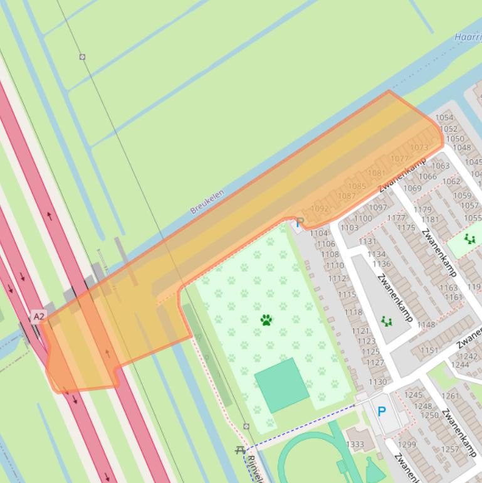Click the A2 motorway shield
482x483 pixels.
pyautogui.click(x=39, y=316)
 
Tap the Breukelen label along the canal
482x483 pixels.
pyautogui.click(x=207, y=202)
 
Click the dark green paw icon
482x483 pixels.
pyautogui.click(x=266, y=320)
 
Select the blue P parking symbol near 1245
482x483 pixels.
pyautogui.click(x=381, y=411)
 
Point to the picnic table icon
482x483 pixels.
pyautogui.click(x=240, y=450)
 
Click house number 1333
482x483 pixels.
pyautogui.click(x=355, y=444)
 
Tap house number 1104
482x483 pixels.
pyautogui.click(x=319, y=233)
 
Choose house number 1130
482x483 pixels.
pyautogui.click(x=378, y=381)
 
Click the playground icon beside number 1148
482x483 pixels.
pyautogui.click(x=387, y=322)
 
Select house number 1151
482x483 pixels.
pyautogui.click(x=429, y=350)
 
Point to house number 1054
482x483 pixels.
pyautogui.click(x=444, y=117)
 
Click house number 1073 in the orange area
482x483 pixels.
pyautogui.click(x=419, y=148)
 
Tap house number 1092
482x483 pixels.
pyautogui.click(x=320, y=208)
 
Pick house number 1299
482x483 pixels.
pyautogui.click(x=407, y=444)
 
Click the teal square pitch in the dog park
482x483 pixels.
pyautogui.click(x=281, y=385)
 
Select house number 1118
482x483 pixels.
pyautogui.click(x=353, y=312)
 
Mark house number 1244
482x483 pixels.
pyautogui.click(x=459, y=364)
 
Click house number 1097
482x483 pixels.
pyautogui.click(x=378, y=208)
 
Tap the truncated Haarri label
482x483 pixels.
pyautogui.click(x=468, y=37)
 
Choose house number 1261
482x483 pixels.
pyautogui.click(x=450, y=396)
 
